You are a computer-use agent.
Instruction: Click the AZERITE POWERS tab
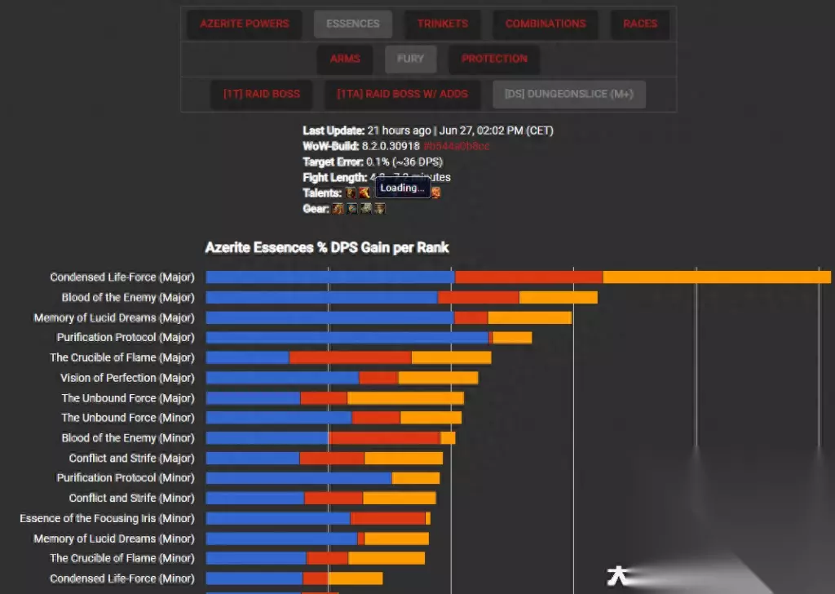coord(244,24)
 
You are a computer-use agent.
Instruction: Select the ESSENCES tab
coord(352,24)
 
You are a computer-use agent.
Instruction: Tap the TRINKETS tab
coord(443,24)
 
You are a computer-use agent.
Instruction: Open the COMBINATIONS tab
coord(546,24)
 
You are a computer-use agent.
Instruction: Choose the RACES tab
coord(640,24)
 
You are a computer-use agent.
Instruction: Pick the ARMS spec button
coord(345,59)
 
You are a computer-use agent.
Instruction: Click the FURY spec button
coord(410,59)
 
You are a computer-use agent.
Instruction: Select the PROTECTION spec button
coord(494,59)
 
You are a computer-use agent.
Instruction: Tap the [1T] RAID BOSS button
coord(262,94)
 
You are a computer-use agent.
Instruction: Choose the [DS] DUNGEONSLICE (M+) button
coord(568,94)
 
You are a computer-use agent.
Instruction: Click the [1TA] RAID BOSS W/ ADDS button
coord(402,94)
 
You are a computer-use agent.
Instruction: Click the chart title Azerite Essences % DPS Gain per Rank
coord(327,247)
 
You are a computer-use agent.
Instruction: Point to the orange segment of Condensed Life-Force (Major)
coord(716,277)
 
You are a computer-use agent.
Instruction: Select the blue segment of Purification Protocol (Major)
coord(347,338)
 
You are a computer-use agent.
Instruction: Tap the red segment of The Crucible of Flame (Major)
coord(350,357)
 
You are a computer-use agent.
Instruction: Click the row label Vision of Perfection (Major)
coord(127,378)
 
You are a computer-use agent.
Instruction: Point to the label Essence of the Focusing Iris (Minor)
coord(107,518)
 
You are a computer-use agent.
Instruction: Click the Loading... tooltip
coord(402,188)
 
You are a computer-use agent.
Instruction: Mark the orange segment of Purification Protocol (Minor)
coord(416,478)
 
